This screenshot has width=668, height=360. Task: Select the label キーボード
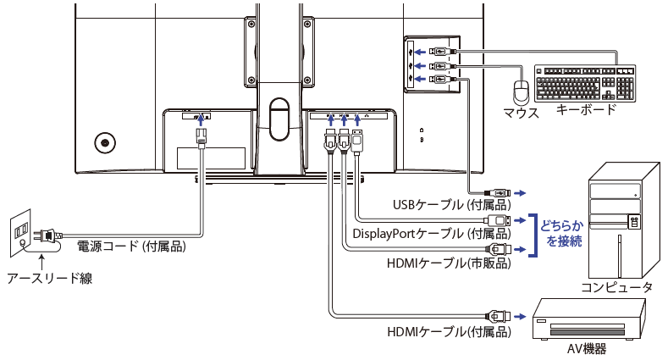[x=586, y=109]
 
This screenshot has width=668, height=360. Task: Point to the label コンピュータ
[x=616, y=288]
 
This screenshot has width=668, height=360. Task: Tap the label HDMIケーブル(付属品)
[x=448, y=331]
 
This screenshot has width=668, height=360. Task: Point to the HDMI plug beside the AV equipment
[x=499, y=314]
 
